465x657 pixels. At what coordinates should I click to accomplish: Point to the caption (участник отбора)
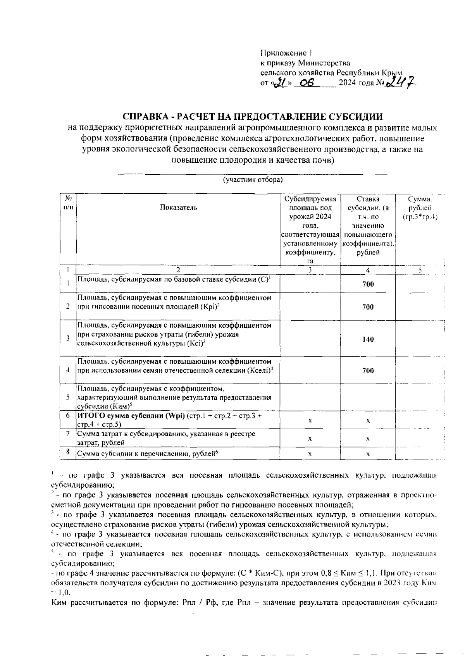tap(252, 180)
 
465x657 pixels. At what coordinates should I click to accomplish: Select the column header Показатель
tap(179, 207)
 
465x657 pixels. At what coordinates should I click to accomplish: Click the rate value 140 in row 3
tap(368, 339)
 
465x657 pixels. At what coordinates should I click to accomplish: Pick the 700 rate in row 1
tap(368, 284)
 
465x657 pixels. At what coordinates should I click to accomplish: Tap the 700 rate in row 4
tap(368, 371)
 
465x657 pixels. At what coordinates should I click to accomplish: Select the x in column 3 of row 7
tap(310, 439)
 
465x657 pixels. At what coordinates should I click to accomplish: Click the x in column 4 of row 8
tap(368, 454)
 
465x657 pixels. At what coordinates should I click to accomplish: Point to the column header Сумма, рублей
tap(420, 208)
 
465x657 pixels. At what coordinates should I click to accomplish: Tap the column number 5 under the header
tap(420, 270)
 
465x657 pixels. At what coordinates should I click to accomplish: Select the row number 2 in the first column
tap(68, 306)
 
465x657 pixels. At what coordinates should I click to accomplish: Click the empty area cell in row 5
tap(310, 397)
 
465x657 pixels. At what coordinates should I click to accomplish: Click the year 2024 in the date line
tap(346, 83)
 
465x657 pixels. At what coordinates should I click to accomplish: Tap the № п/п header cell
tap(68, 203)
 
